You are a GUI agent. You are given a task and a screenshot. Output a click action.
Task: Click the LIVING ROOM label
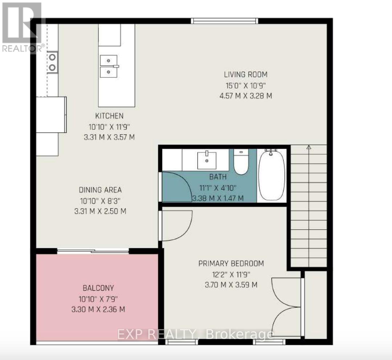245,74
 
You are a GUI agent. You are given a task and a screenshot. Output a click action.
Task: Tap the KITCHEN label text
109,116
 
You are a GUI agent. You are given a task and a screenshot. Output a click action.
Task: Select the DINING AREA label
100,190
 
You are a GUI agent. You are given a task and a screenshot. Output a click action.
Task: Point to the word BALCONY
98,288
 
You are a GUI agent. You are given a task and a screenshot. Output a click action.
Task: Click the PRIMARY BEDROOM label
231,263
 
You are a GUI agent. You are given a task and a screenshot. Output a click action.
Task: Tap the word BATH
218,177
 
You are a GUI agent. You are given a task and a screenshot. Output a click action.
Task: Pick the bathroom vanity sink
207,160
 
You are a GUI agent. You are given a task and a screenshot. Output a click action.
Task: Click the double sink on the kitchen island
109,66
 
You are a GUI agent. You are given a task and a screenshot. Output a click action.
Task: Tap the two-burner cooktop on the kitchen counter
52,62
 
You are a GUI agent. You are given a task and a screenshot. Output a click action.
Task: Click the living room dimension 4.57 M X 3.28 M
245,96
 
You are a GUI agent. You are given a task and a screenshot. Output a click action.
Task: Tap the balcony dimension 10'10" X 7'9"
98,299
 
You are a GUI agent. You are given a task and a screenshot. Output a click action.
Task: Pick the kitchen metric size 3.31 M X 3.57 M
109,137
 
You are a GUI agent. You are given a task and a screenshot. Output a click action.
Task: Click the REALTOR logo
22,28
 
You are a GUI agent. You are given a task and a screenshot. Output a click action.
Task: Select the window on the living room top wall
225,21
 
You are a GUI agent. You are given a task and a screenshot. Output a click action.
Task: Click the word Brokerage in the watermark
239,335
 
